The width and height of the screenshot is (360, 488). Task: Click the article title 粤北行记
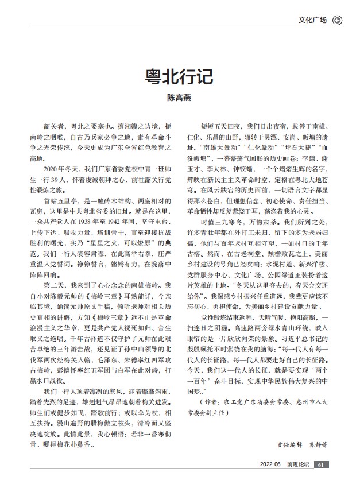pos(180,78)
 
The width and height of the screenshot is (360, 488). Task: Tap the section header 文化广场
pos(312,20)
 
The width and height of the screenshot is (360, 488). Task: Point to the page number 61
pos(322,464)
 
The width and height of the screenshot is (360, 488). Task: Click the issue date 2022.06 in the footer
pos(270,464)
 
